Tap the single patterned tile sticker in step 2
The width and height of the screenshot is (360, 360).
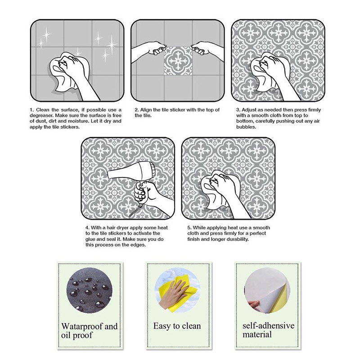click(179, 62)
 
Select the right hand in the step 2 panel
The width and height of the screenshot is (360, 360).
click(207, 49)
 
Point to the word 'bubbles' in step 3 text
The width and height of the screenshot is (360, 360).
click(247, 127)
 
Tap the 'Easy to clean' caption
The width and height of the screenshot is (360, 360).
click(177, 326)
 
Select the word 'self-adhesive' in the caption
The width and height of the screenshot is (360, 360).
click(268, 326)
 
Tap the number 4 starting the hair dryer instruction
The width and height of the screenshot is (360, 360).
click(86, 228)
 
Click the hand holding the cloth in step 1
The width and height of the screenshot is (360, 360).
click(74, 67)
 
